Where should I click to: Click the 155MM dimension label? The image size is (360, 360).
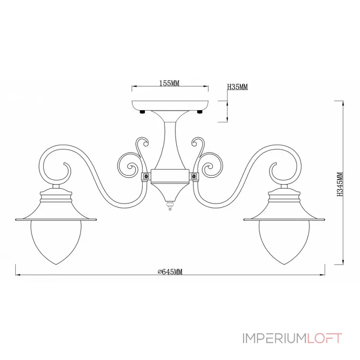tap(169, 83)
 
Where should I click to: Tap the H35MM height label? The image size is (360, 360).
tap(238, 87)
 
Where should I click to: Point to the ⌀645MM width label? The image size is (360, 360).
tap(170, 272)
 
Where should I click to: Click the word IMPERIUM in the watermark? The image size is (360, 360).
tap(274, 338)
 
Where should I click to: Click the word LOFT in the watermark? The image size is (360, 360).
tap(324, 338)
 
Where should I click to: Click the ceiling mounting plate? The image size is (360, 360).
tap(170, 105)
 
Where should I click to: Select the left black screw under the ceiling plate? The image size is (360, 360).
tap(142, 112)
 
